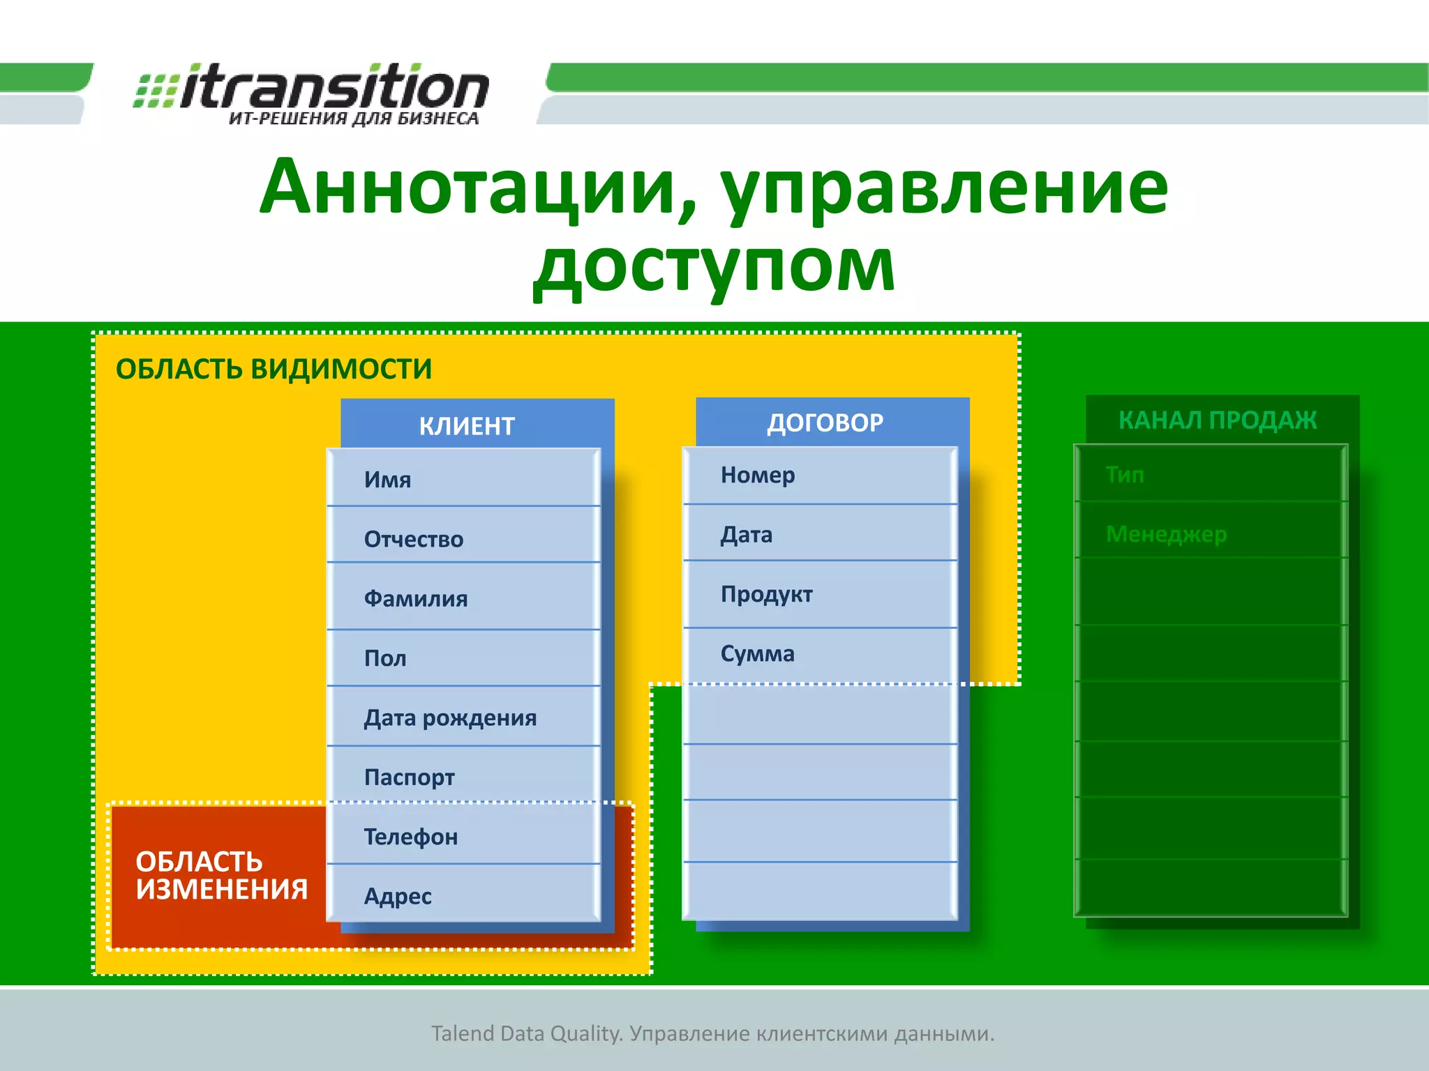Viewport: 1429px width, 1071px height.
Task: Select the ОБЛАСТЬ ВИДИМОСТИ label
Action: click(x=274, y=369)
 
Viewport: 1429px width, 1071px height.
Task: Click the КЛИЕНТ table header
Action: click(x=467, y=425)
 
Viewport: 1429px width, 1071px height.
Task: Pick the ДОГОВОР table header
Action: click(x=825, y=423)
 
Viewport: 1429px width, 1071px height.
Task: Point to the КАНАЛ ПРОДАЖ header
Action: click(x=1217, y=420)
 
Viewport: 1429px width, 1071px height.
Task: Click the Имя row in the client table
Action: click(x=463, y=479)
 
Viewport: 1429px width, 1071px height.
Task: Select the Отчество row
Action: click(x=463, y=538)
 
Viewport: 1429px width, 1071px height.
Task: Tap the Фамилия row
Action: click(x=463, y=598)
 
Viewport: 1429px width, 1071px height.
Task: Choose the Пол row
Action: click(x=463, y=658)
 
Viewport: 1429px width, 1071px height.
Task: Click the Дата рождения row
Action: click(x=463, y=717)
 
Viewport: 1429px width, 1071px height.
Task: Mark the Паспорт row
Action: click(x=463, y=777)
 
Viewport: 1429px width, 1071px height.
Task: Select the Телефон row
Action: click(x=463, y=836)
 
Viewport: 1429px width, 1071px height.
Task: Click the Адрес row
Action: click(x=463, y=895)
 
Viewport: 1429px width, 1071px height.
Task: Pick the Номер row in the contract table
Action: click(x=819, y=475)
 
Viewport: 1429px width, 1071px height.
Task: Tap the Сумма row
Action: click(x=819, y=653)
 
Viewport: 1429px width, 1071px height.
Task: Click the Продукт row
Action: click(x=819, y=594)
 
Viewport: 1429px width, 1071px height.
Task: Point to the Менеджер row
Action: click(x=1210, y=533)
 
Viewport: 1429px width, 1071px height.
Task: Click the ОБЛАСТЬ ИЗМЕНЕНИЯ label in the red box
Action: click(x=221, y=876)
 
